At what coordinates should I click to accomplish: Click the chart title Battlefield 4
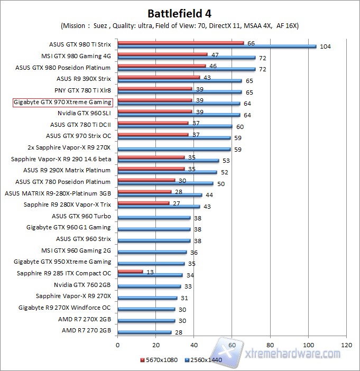click(x=180, y=12)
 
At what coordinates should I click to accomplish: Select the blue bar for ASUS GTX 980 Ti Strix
click(x=217, y=47)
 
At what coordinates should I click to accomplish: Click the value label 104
click(x=325, y=47)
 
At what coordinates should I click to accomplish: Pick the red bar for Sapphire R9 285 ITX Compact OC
click(x=130, y=272)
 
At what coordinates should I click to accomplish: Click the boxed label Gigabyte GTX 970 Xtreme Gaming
click(x=62, y=102)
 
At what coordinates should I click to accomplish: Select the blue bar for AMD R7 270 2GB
click(x=144, y=332)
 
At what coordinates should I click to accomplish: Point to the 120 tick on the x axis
click(x=346, y=345)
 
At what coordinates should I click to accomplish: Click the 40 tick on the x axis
click(x=194, y=345)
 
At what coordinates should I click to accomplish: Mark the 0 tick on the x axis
click(x=118, y=345)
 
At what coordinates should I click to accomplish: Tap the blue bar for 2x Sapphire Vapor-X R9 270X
click(x=174, y=149)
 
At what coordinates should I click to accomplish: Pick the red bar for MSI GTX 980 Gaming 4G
click(x=162, y=54)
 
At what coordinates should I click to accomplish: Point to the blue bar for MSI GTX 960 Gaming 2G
click(x=152, y=252)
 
